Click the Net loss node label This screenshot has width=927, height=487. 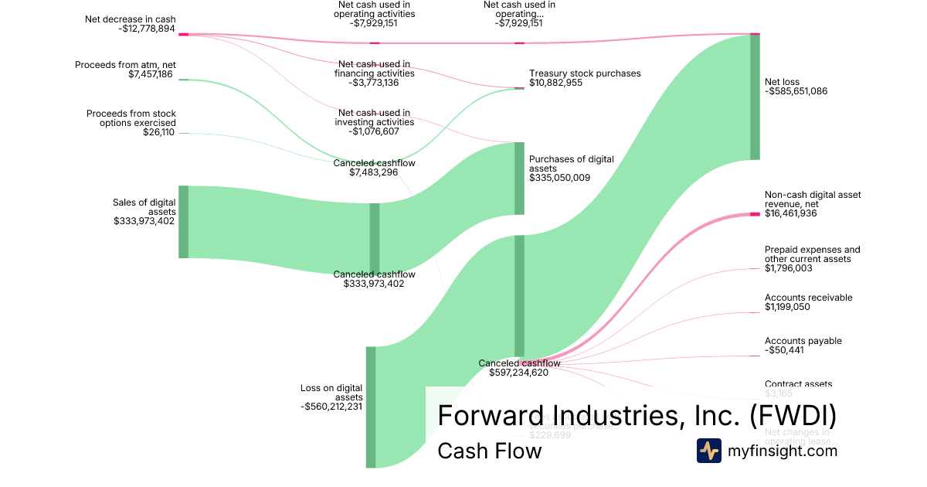(782, 81)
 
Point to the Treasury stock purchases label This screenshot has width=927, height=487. (585, 73)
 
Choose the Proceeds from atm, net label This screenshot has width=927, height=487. (125, 65)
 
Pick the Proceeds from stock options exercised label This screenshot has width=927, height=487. (131, 118)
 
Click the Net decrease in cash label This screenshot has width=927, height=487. (131, 19)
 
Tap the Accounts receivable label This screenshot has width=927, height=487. (808, 298)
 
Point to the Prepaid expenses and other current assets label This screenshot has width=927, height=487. (812, 254)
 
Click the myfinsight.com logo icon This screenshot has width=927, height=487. (708, 451)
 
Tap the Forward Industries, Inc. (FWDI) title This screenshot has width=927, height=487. (637, 415)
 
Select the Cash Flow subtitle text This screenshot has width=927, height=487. (490, 451)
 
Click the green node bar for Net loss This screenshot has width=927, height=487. (755, 97)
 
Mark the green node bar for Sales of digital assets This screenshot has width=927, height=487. (184, 221)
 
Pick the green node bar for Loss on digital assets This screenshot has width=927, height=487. (371, 407)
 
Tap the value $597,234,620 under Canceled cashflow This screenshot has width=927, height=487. (519, 373)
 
